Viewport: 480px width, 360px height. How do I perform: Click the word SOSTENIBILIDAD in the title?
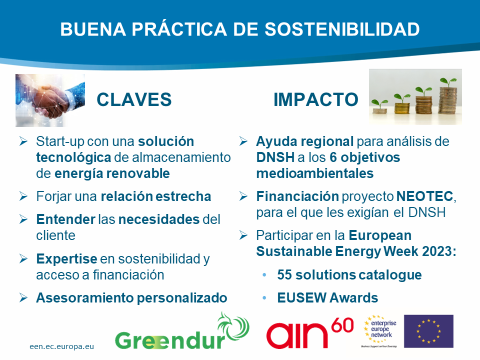click(342, 29)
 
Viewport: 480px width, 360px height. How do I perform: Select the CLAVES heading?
click(134, 100)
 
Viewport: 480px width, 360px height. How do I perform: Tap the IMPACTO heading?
click(316, 100)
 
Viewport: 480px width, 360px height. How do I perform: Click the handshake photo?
click(50, 100)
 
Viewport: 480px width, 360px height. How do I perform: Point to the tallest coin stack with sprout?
click(448, 97)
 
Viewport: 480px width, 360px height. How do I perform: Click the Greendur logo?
click(182, 331)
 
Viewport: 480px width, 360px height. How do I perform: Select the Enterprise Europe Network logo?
click(379, 331)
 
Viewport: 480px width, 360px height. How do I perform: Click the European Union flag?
click(428, 331)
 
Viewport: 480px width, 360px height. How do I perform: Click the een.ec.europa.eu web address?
click(62, 346)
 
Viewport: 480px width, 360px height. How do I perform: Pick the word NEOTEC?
click(424, 196)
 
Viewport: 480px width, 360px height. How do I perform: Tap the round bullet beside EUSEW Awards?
click(264, 298)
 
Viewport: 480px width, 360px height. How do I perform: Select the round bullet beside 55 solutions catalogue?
click(264, 275)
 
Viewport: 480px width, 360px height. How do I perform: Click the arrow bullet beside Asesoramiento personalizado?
click(23, 297)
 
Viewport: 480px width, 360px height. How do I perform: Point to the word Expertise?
click(66, 259)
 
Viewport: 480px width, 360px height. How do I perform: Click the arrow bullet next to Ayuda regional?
click(243, 141)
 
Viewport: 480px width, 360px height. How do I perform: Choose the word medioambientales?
click(315, 173)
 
